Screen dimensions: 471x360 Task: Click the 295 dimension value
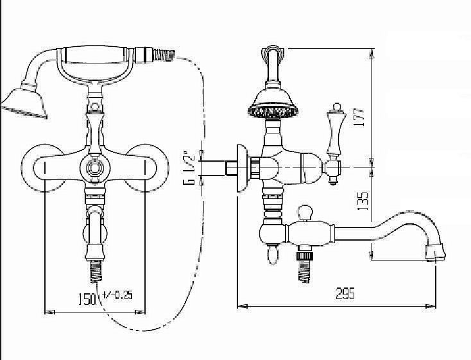(x=345, y=293)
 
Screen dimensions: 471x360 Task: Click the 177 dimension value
(x=359, y=117)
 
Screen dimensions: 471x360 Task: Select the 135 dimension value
(x=363, y=200)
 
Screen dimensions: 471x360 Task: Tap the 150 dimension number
(x=87, y=298)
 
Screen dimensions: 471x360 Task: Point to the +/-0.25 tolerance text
(x=117, y=295)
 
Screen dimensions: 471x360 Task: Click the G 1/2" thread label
(x=189, y=167)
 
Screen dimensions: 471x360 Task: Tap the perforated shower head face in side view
(x=273, y=112)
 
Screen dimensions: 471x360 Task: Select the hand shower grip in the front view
(x=95, y=55)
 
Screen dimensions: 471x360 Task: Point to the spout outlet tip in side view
(x=436, y=252)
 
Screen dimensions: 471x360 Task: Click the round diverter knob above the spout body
(x=305, y=212)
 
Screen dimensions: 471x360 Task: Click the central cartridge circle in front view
(x=95, y=167)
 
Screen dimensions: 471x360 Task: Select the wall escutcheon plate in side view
(x=241, y=168)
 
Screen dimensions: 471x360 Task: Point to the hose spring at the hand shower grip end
(x=164, y=55)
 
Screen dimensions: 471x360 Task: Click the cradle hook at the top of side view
(x=273, y=55)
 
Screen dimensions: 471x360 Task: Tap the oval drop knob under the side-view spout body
(x=273, y=255)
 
